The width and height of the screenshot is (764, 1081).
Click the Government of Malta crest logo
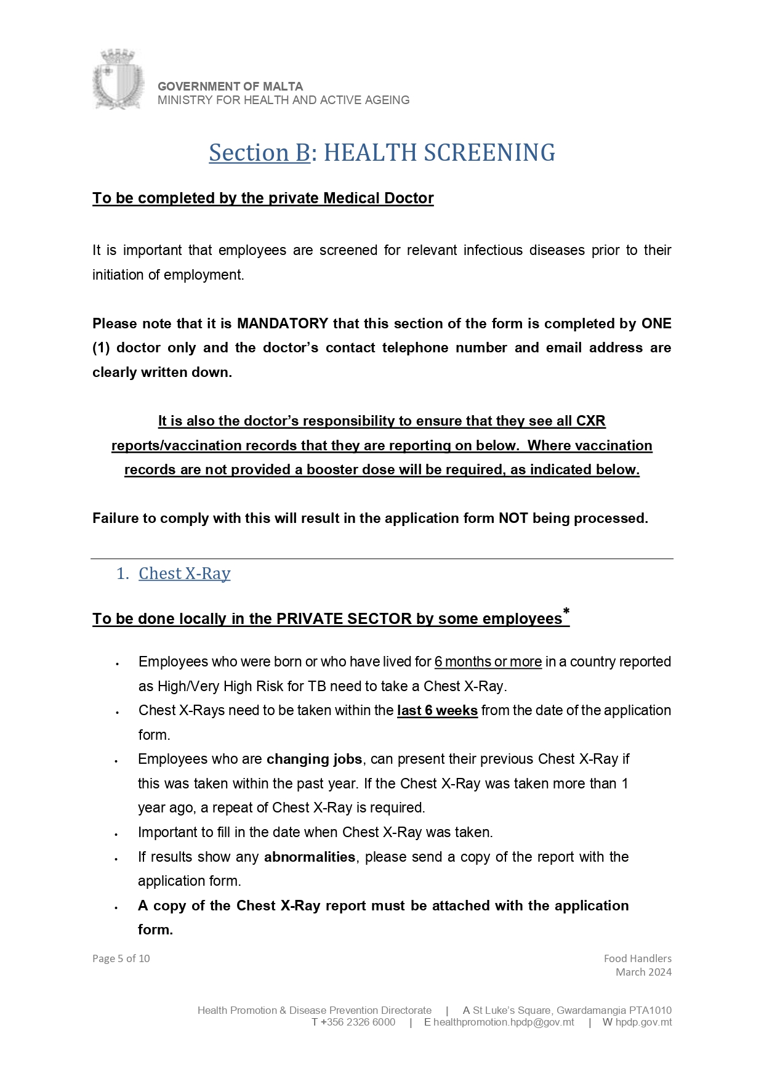tap(118, 79)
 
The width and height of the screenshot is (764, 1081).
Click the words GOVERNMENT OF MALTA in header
tap(230, 86)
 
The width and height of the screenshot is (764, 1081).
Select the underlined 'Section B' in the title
tap(259, 153)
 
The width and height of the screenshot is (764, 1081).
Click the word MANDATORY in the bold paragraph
tap(283, 323)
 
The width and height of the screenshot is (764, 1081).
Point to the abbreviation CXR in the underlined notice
tap(590, 421)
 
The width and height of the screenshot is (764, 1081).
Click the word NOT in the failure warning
tap(513, 518)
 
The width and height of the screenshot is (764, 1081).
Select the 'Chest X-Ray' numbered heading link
tap(184, 573)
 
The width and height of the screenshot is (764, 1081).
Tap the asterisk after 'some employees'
tap(566, 612)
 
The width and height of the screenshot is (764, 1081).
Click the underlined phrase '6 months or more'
tap(488, 662)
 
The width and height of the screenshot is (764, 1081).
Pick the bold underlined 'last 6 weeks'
tap(437, 710)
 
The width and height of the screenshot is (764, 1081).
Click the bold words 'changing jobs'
tap(314, 759)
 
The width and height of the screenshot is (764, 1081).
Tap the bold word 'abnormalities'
tap(310, 857)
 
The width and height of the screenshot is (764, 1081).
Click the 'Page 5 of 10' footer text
tap(121, 958)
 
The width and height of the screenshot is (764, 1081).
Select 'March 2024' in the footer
tap(643, 972)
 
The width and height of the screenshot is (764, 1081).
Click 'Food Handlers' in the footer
tap(637, 958)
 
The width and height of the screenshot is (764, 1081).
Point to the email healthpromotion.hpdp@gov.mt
tap(504, 1022)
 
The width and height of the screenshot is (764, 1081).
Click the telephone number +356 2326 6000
tap(358, 1022)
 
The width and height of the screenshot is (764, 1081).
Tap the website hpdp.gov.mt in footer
tap(643, 1022)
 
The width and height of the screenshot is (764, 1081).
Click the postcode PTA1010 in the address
tap(650, 1010)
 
